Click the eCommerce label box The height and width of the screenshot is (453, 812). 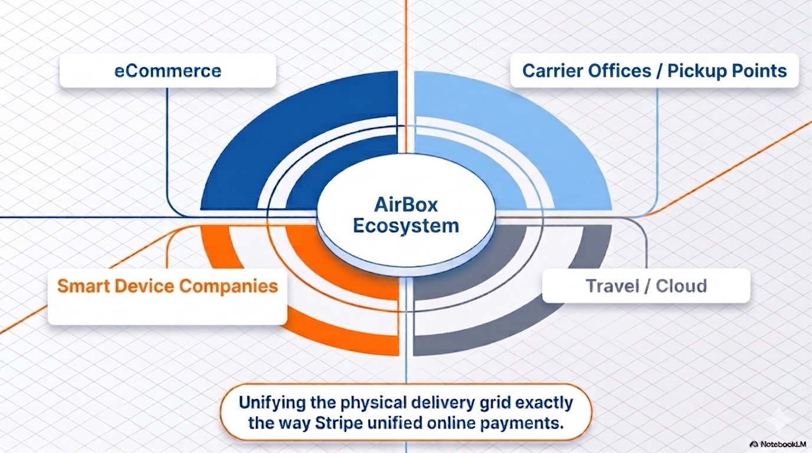(x=168, y=71)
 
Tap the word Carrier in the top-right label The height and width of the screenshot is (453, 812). (x=550, y=71)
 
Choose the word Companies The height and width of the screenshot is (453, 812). (x=229, y=286)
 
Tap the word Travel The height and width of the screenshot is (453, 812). (x=613, y=286)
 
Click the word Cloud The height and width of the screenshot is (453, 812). (x=681, y=286)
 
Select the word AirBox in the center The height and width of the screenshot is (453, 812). (x=406, y=205)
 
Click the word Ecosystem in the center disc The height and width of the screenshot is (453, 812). (x=406, y=226)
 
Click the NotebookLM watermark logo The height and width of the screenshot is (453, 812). (x=754, y=444)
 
